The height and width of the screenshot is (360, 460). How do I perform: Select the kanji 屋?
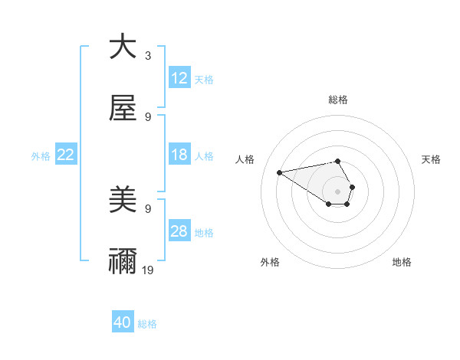pos(123,109)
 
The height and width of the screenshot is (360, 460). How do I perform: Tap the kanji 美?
pos(123,201)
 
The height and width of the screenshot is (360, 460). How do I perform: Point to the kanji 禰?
pos(123,262)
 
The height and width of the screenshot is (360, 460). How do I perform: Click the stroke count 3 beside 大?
pos(148,56)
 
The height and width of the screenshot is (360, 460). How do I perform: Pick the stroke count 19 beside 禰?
pos(148,270)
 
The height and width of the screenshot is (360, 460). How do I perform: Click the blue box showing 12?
pos(179,78)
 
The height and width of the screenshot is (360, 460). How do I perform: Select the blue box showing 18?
pos(179,155)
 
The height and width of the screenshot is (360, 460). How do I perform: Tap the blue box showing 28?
pos(179,231)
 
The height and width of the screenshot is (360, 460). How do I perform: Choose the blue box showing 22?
pos(66,155)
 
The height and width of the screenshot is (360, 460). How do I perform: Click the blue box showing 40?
pos(123,323)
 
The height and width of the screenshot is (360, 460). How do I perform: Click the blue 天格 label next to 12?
pos(204,79)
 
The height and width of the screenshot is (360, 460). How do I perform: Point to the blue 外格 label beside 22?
pos(41,155)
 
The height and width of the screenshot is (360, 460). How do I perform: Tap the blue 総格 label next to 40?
pos(147,324)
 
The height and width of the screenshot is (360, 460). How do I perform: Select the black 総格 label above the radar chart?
pos(338,100)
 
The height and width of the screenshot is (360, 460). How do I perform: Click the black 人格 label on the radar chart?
pos(245,159)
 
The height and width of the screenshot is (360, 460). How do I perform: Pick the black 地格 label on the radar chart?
pos(402,262)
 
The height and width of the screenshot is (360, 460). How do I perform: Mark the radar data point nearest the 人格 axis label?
pos(279,172)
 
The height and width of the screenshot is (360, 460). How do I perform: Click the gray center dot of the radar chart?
pos(337,191)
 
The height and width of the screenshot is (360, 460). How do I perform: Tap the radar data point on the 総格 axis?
pos(337,161)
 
